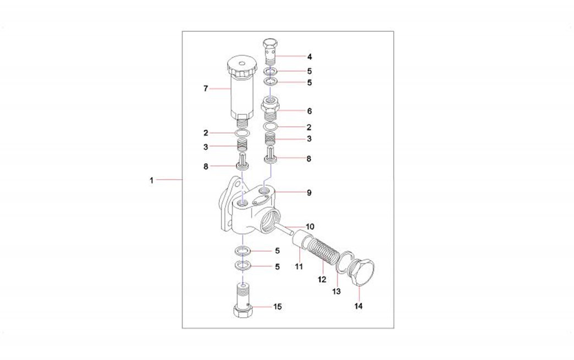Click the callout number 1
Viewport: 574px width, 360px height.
151,180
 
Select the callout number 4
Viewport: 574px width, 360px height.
310,57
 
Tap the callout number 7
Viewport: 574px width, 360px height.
206,88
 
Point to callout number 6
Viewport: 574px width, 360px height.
310,111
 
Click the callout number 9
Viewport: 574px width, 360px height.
309,192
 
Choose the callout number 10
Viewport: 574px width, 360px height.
310,227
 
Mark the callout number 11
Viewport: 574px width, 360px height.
299,267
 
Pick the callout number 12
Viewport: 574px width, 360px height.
322,280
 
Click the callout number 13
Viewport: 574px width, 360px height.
336,291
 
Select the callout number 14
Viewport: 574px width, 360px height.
358,306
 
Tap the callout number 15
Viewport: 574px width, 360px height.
278,306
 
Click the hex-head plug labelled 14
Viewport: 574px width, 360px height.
362,272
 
